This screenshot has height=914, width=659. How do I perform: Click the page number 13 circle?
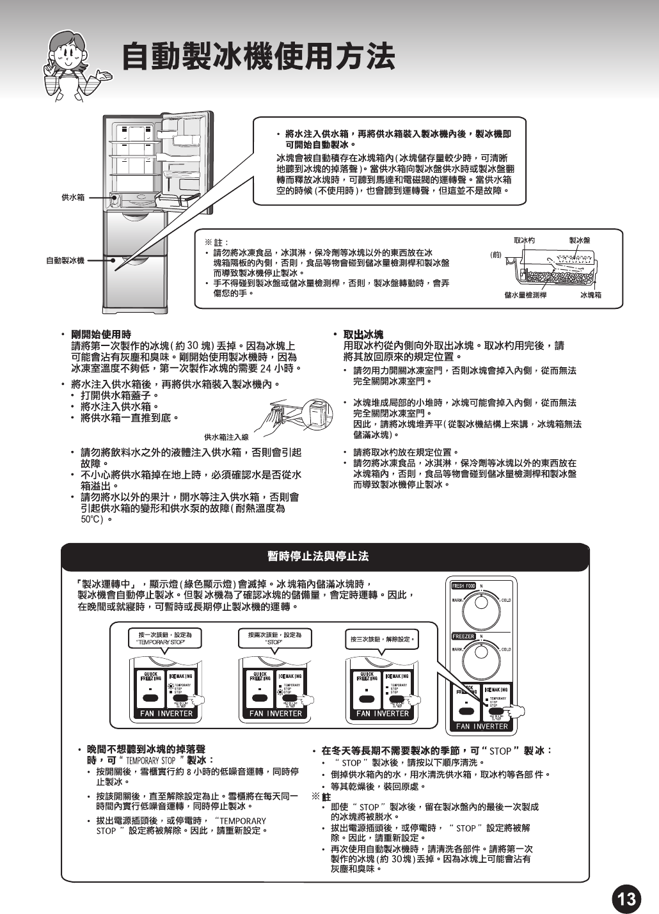coord(626,899)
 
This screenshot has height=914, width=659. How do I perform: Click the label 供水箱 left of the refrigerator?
coord(73,198)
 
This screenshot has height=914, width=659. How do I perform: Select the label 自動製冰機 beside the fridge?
coord(65,260)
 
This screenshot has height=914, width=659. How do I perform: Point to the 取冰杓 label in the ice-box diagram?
coord(524,240)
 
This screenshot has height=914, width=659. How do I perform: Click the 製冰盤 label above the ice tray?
coord(579,240)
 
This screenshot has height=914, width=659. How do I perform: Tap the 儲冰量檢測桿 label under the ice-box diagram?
coord(525,295)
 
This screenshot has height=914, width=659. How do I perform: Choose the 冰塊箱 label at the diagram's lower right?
coord(591,295)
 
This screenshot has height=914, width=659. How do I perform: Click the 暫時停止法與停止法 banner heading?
coord(318,556)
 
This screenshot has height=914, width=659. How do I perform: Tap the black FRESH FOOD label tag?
coord(464,586)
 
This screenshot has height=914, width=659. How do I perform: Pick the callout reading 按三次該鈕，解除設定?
coord(383,639)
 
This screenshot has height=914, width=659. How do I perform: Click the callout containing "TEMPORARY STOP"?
coord(165,638)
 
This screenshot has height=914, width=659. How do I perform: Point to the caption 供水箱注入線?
coord(226,437)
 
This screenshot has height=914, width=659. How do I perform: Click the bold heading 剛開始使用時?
coord(101,335)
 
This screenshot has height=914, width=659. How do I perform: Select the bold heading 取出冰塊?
coord(363,335)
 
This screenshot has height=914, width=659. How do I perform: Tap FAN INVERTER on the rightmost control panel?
coord(482,726)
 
